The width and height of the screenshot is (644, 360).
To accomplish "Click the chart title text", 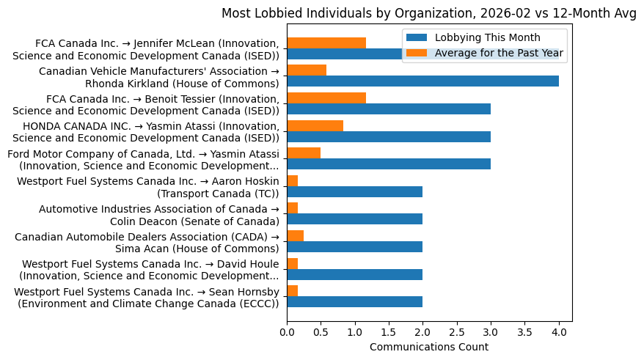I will point(429,13).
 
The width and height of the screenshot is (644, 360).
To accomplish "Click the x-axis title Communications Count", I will point(429,347).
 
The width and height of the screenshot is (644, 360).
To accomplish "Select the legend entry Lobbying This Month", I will point(487,38).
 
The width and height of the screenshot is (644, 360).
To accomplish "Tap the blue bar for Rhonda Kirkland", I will point(422,81).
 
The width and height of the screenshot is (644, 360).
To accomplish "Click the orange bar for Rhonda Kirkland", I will point(307,70).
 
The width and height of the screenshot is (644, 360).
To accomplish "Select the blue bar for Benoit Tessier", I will point(389,109).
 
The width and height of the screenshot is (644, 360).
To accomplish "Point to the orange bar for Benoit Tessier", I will point(326,98).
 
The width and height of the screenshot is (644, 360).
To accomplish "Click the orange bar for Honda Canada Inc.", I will point(315,125).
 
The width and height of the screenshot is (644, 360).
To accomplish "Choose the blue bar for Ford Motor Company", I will point(389,164).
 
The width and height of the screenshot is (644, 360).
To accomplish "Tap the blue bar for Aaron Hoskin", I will point(354,192).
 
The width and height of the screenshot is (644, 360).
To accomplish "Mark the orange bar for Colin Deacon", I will point(293,208).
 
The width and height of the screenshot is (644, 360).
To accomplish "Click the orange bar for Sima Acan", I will point(295,235).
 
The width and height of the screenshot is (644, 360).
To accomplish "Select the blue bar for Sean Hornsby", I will point(354,302).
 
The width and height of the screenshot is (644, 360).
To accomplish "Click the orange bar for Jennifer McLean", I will point(326,43).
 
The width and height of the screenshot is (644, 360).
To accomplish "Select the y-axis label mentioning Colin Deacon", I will point(158,215).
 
